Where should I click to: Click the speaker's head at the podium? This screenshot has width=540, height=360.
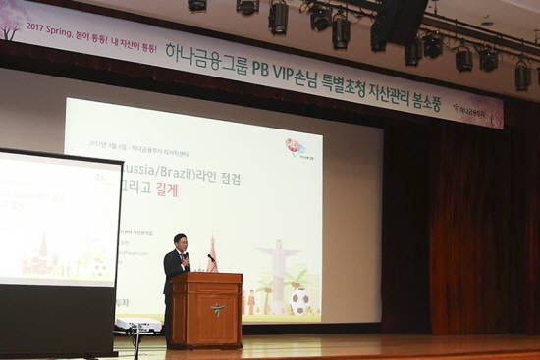click(x=180, y=241)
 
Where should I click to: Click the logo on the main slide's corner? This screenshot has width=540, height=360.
click(x=296, y=147)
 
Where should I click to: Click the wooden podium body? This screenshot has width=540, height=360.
click(x=206, y=312)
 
